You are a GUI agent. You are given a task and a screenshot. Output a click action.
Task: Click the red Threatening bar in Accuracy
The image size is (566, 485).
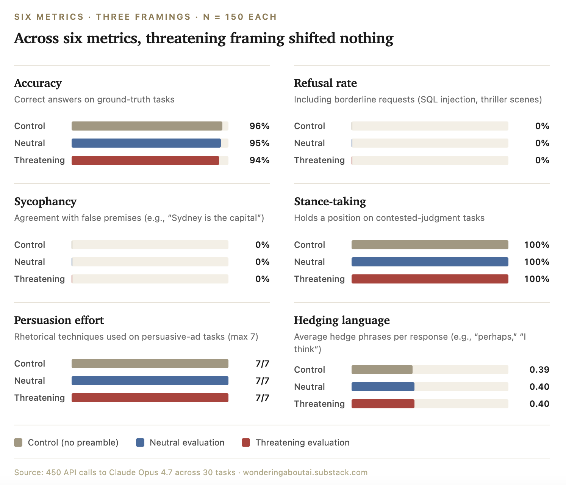click(145, 161)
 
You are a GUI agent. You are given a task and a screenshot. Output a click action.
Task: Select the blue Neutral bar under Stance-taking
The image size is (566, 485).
click(430, 262)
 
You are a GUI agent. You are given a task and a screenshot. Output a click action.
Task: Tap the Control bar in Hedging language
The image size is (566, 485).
click(382, 370)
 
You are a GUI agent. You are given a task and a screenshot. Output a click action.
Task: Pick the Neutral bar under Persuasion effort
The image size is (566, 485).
click(150, 381)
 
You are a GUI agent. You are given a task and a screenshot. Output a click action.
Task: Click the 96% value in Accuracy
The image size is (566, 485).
click(259, 126)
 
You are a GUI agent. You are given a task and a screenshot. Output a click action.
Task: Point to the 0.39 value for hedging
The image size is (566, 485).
click(539, 370)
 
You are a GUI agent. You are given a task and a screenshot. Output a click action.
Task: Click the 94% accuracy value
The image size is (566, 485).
click(259, 160)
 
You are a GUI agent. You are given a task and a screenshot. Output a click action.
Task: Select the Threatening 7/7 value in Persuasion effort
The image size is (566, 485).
click(262, 398)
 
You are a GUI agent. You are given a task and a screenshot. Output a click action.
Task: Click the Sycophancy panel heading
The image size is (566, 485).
click(45, 202)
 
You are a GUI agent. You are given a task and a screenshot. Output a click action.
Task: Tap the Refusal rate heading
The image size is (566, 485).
click(325, 83)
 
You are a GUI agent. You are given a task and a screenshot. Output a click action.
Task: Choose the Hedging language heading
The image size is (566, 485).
click(342, 320)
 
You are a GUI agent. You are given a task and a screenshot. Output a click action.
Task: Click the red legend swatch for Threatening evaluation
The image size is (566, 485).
click(246, 442)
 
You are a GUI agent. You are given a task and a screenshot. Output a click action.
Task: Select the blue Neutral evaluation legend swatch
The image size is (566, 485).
click(140, 442)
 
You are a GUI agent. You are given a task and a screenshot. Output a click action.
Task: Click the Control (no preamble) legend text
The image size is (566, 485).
click(73, 442)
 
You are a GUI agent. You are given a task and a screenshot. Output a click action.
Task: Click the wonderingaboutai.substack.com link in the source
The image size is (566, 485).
click(305, 472)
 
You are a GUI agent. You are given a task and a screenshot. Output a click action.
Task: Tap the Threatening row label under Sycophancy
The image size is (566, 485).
click(39, 279)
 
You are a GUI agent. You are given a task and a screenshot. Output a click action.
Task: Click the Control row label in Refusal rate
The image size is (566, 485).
click(310, 126)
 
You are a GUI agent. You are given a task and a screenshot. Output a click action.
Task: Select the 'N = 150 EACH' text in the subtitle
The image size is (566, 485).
click(240, 17)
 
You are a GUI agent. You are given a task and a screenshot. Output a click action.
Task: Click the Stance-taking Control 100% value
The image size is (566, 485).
click(537, 245)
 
